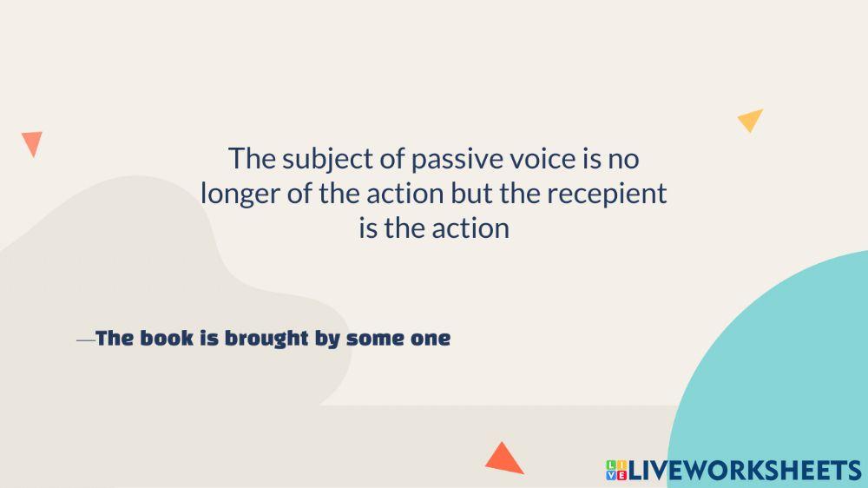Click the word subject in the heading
point(328,160)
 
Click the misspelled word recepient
point(607,195)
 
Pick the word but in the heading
point(471,194)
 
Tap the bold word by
point(326,339)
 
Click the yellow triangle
point(751,119)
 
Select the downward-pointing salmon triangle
point(32,142)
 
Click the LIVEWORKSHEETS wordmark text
point(745,471)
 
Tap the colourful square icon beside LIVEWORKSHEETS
point(616,471)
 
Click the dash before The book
point(86,340)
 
